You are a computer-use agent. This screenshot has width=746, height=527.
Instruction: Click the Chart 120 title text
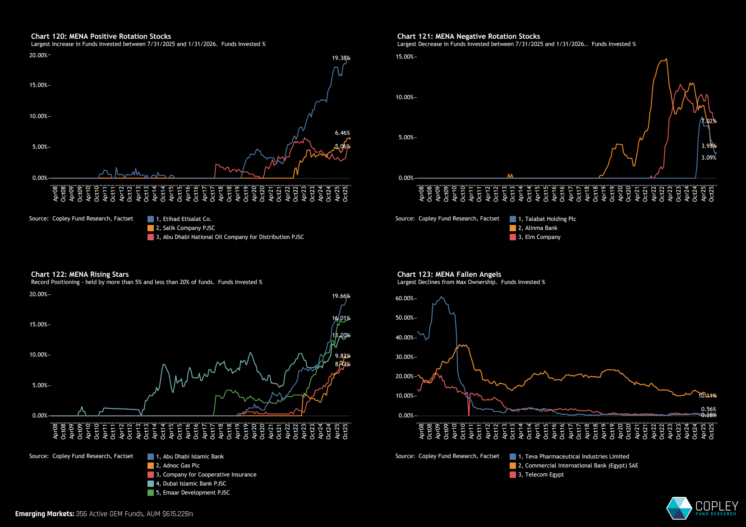(101, 37)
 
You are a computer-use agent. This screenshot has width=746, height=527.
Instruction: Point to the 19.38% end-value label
(341, 58)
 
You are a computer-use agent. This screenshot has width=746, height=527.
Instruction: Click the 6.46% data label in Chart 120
(342, 133)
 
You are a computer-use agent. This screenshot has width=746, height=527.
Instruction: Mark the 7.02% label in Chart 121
(709, 121)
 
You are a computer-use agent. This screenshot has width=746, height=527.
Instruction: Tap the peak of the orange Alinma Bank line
(666, 59)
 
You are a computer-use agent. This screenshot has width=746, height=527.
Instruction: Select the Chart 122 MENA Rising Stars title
(80, 275)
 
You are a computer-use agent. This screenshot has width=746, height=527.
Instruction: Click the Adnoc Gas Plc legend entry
(181, 466)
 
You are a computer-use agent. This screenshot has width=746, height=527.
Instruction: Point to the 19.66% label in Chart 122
(341, 296)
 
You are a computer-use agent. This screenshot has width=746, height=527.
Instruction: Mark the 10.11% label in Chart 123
(707, 396)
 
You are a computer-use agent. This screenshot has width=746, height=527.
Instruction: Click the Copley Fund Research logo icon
(679, 508)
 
